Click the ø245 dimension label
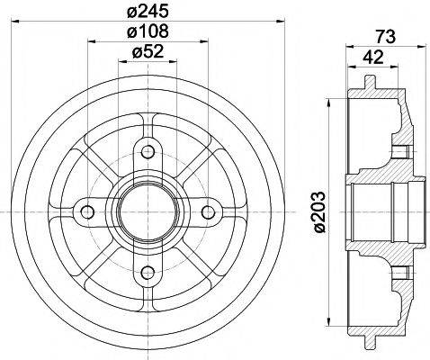pos(147,13)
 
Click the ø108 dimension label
pos(147,32)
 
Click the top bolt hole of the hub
pos(148,149)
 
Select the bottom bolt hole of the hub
pos(148,273)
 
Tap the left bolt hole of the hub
pos(87,211)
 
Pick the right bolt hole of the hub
pos(210,211)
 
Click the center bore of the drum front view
pos(148,211)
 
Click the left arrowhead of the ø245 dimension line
pos(24,22)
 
